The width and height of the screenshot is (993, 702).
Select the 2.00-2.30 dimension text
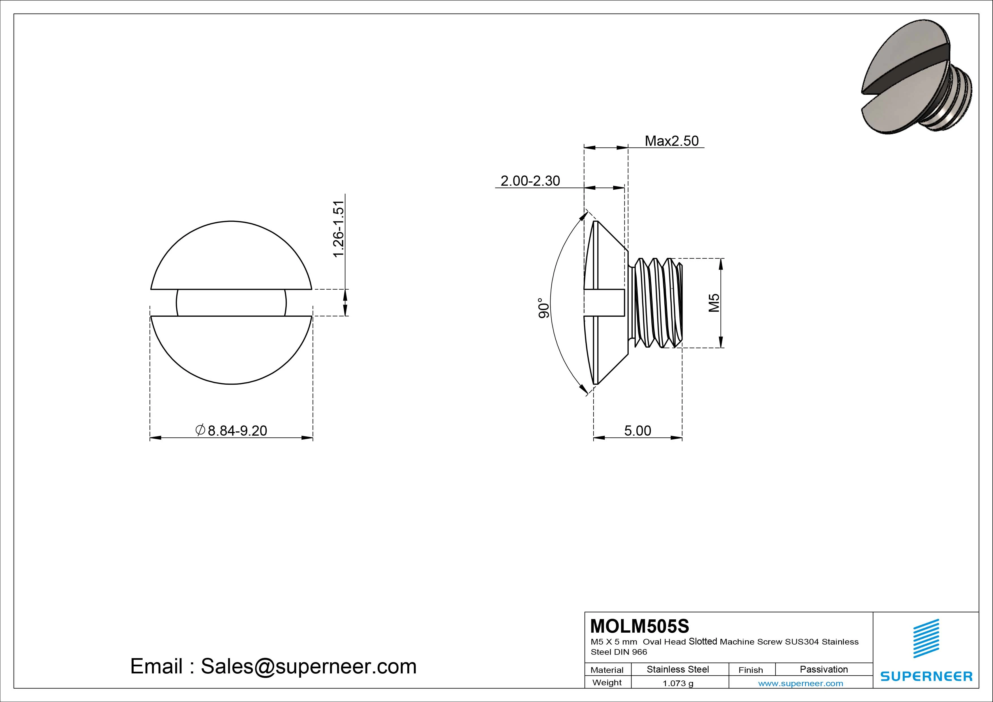point(530,181)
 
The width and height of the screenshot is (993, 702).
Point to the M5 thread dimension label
point(714,303)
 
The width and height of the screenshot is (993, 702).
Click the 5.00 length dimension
point(637,431)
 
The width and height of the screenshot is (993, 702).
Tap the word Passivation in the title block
point(823,669)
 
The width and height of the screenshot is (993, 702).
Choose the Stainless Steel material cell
point(678,669)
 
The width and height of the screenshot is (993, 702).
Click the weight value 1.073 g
point(678,683)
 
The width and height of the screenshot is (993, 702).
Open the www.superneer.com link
point(800,683)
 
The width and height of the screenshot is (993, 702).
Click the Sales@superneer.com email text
point(308,667)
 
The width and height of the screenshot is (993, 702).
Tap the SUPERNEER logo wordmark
point(926,676)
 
